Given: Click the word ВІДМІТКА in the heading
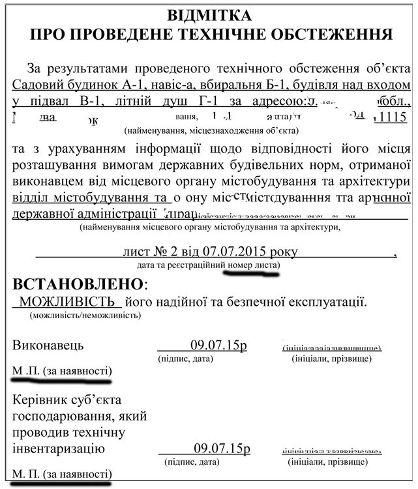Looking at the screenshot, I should pyautogui.click(x=209, y=14).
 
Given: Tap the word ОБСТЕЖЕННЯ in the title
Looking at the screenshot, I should pyautogui.click(x=335, y=33).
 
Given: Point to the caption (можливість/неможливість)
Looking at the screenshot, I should pyautogui.click(x=85, y=316).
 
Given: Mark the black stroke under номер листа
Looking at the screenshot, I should pyautogui.click(x=251, y=273).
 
